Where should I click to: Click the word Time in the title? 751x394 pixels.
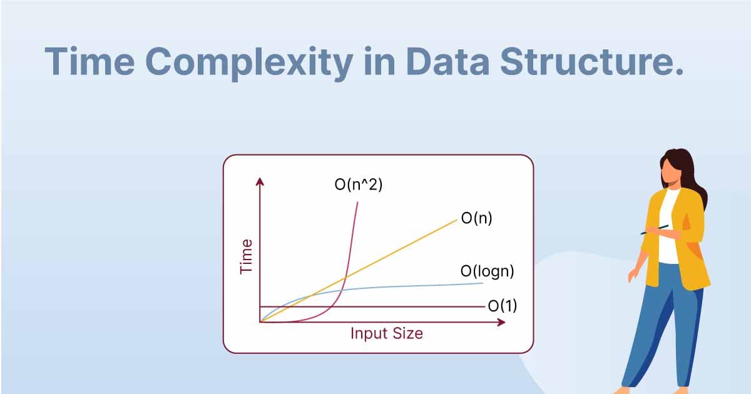point(90,61)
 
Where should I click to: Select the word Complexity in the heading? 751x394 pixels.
point(249,64)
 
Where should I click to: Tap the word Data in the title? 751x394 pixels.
point(448,61)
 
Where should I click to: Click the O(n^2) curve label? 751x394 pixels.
point(359,184)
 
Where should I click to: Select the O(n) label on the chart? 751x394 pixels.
point(477,218)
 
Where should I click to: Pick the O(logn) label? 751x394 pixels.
point(487,271)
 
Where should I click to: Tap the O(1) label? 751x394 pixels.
point(502,306)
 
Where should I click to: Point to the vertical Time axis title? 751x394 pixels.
point(246,256)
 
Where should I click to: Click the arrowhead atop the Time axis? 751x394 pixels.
point(260,181)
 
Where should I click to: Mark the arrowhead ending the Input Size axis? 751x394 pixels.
point(501,322)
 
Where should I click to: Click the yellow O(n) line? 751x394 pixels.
point(359,271)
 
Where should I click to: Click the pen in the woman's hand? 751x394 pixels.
point(654,230)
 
